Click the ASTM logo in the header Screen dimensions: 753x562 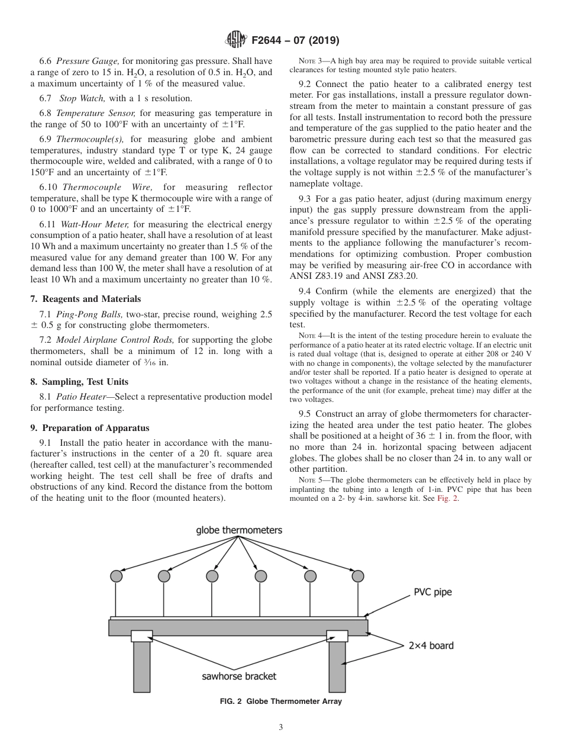click(x=237, y=40)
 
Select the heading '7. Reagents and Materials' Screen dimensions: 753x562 click(x=86, y=299)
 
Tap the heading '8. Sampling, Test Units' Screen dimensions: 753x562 click(x=79, y=382)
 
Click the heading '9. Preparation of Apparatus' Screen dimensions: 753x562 click(x=90, y=428)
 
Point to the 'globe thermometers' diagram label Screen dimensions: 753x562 click(x=239, y=530)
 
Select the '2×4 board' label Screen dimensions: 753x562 click(x=431, y=645)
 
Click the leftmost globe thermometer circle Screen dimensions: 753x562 click(x=117, y=576)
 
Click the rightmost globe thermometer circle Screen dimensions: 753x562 click(x=357, y=576)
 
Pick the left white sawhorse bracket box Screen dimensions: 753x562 click(x=142, y=636)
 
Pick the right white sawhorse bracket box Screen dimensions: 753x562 click(x=337, y=636)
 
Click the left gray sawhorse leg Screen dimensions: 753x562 click(x=141, y=667)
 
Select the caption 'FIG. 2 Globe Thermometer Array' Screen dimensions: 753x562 click(x=280, y=701)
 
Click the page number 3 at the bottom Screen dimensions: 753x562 click(x=281, y=727)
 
